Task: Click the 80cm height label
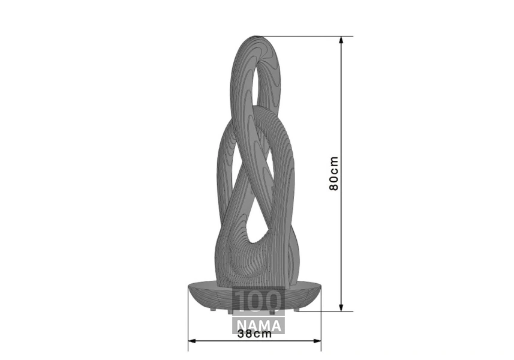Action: coord(333,173)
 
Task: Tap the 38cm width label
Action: coord(255,334)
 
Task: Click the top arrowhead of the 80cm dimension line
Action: coord(341,40)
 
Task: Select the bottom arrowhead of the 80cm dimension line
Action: coord(341,307)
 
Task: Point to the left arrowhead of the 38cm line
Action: coord(192,341)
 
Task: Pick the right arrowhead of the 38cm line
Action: coord(317,341)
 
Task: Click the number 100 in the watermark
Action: coord(258,301)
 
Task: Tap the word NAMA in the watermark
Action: coord(258,326)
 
